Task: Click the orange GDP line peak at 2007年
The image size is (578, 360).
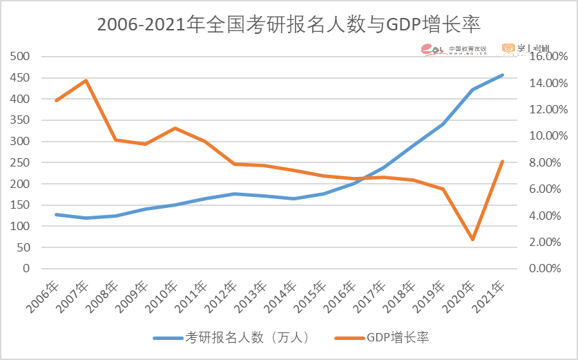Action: click(x=86, y=80)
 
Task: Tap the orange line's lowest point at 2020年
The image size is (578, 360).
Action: click(x=472, y=240)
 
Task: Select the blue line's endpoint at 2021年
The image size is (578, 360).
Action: click(x=502, y=75)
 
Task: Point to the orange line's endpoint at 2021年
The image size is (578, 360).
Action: click(x=502, y=162)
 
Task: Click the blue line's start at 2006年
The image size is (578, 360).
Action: click(x=56, y=214)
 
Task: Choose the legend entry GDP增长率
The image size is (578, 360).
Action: click(x=383, y=338)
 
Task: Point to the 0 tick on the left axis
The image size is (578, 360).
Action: click(x=26, y=268)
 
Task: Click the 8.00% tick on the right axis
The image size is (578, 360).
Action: click(x=548, y=162)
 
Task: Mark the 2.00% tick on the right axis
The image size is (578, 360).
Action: click(x=548, y=242)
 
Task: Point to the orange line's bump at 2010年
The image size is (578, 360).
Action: click(x=175, y=128)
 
